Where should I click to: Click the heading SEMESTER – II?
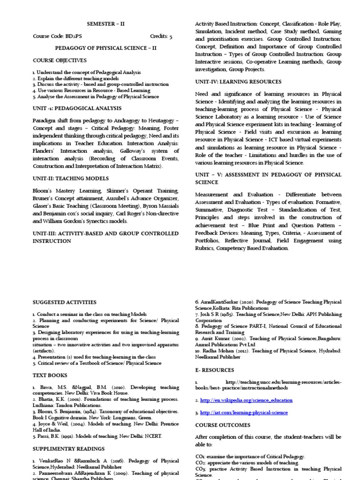106,23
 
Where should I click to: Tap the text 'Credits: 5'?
161,36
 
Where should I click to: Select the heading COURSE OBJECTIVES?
60,60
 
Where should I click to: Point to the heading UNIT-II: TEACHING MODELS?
70,179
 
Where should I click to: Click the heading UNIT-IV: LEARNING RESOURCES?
238,82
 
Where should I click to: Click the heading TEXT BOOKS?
50,375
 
